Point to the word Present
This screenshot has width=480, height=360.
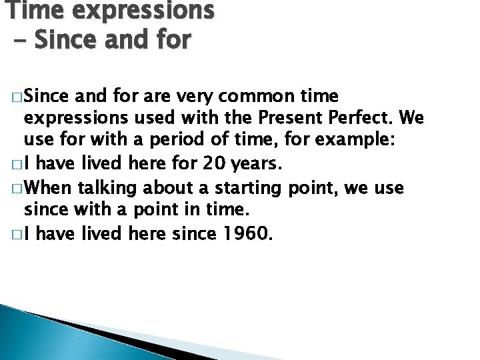click(x=296, y=119)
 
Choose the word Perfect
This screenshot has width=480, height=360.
click(x=368, y=119)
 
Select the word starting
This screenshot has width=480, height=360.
click(x=250, y=189)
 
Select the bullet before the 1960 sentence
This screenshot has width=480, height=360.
click(x=15, y=234)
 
